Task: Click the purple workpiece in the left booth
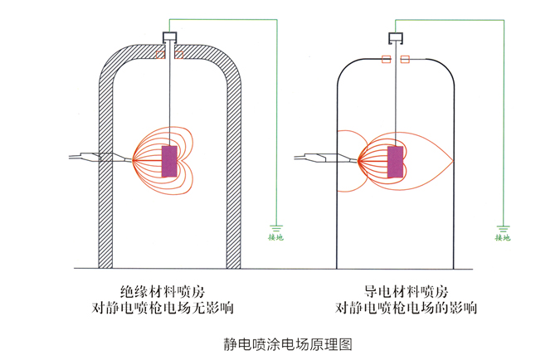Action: coord(170,160)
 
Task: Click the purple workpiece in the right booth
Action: coord(395,162)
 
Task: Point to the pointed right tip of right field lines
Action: coord(453,158)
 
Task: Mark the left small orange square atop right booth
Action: coord(386,59)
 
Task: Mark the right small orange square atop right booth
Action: coord(405,59)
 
